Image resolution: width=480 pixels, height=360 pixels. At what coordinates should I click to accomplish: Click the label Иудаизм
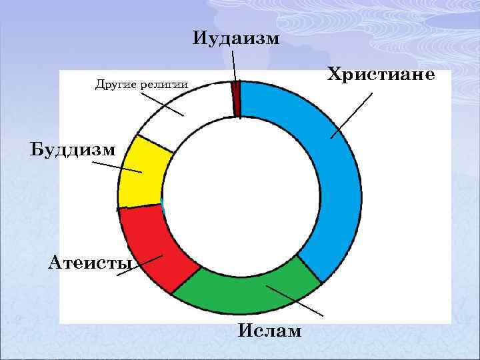237,37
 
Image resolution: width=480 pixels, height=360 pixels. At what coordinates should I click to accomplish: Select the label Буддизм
73,149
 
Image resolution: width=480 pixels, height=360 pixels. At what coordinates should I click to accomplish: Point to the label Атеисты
90,261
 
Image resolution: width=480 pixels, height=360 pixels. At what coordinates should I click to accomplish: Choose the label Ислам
269,331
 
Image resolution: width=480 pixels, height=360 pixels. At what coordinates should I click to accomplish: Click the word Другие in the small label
117,85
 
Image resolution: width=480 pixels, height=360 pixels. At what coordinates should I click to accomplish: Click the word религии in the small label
164,85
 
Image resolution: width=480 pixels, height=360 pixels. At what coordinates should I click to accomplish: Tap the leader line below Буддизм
117,167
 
